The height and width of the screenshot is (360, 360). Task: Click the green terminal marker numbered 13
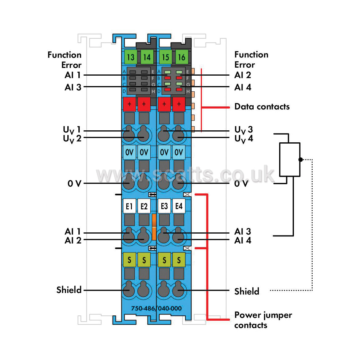[131, 57]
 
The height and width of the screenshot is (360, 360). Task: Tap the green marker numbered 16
[182, 57]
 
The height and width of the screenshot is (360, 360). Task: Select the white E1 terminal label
[129, 206]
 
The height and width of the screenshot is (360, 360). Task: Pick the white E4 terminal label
[179, 206]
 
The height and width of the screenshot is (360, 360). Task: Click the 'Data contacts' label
[262, 107]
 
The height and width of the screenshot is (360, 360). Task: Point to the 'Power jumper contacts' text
[263, 320]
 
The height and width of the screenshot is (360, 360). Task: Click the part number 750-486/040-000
[156, 308]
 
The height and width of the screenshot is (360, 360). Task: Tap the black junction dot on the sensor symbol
[301, 160]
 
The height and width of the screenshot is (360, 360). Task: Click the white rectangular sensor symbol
[290, 160]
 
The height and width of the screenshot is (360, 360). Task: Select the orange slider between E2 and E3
[154, 227]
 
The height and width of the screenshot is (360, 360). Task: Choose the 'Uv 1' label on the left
[72, 130]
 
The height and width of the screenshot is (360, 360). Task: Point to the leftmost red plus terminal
[129, 104]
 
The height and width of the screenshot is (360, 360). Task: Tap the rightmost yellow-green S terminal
[179, 260]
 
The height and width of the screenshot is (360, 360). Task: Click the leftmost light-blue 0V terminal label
[129, 152]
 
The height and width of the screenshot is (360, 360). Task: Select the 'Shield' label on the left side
[69, 290]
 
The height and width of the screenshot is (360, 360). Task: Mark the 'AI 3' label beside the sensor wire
[243, 231]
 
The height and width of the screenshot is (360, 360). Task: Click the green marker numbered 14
[147, 57]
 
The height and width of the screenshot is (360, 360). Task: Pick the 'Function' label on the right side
[251, 55]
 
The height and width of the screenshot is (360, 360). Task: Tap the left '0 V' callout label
[74, 184]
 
